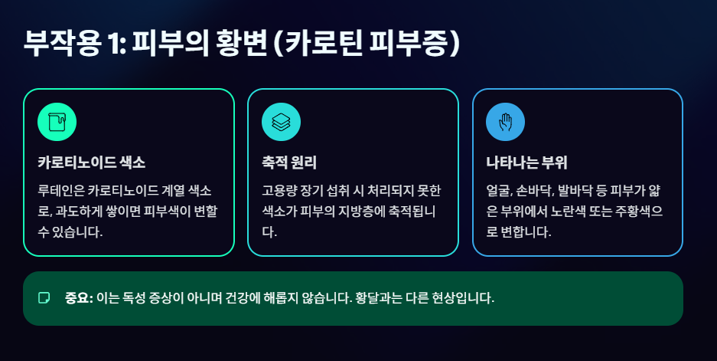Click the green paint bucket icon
56,122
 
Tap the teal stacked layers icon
281,122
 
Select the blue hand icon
505,122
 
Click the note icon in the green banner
44,298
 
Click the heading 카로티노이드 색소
91,162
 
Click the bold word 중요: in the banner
79,298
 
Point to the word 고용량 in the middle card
280,189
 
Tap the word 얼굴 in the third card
500,189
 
